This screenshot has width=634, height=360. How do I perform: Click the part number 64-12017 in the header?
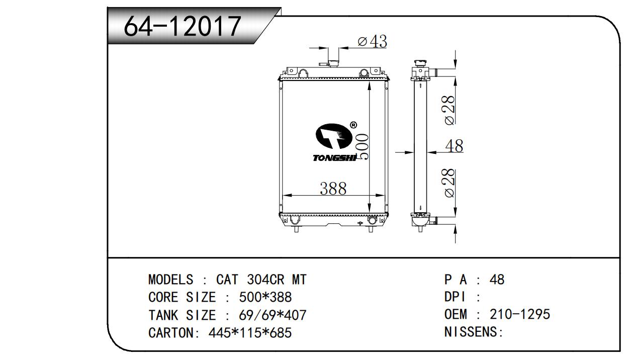pos(183,26)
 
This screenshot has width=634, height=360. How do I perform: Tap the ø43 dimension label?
pos(372,41)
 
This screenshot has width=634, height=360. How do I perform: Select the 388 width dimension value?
pos(333,189)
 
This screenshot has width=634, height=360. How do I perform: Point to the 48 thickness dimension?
pos(455,146)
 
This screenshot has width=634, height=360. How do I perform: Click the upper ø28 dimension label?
pos(449,110)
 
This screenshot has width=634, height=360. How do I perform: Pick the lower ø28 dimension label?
pos(449,183)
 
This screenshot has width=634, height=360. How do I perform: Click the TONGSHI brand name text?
pos(334,158)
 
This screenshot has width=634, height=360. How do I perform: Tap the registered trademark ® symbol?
pos(353,125)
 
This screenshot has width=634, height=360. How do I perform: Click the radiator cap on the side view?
pos(420,63)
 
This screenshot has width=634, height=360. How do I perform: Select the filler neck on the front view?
pos(333,62)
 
